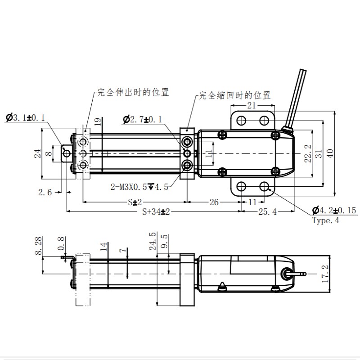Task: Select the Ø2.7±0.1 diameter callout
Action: tap(143, 119)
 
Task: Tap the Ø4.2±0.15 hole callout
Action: tap(333, 210)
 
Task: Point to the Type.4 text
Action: tap(326, 220)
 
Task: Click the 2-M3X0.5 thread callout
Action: tap(139, 187)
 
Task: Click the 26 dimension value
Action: tap(214, 202)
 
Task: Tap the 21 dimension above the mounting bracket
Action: tap(252, 105)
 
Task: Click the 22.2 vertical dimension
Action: tap(308, 153)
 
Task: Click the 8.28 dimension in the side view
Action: tap(38, 247)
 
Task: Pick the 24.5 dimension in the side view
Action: tap(153, 241)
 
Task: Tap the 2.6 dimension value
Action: tap(45, 192)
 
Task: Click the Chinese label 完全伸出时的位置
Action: tap(134, 93)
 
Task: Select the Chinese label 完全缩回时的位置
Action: tap(234, 95)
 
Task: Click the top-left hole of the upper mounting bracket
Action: tap(241, 120)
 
